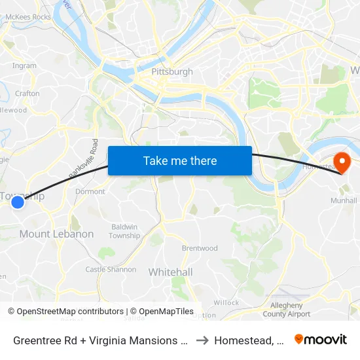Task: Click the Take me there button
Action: click(x=180, y=160)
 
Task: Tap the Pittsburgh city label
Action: click(x=171, y=71)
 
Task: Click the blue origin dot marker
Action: click(x=18, y=203)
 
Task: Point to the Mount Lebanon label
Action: click(x=56, y=234)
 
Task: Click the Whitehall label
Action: click(x=170, y=272)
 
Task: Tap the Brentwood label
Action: click(x=200, y=248)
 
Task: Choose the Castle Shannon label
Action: click(x=111, y=269)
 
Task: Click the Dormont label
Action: click(x=90, y=192)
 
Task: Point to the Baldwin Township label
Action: click(x=124, y=231)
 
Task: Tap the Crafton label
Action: click(x=27, y=94)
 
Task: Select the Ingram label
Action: click(x=24, y=65)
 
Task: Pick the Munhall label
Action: click(x=344, y=200)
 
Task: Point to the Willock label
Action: click(x=226, y=302)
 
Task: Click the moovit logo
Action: click(x=321, y=339)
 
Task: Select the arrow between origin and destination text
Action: click(x=202, y=340)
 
